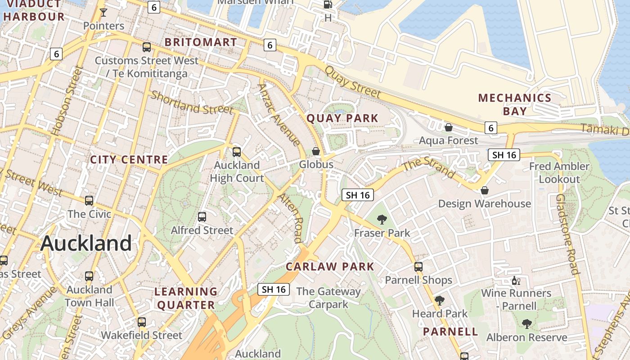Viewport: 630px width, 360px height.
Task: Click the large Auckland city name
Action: (86, 243)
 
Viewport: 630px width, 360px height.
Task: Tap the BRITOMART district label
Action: (201, 42)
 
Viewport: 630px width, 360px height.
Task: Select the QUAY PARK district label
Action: (342, 118)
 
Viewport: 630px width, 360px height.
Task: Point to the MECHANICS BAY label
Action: (515, 104)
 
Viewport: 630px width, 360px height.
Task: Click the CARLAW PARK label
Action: (330, 266)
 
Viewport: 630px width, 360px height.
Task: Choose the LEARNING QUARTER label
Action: (186, 298)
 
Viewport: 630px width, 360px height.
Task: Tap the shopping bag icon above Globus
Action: (316, 151)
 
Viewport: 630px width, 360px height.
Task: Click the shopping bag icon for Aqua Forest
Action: (448, 127)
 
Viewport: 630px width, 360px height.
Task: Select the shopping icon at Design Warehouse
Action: (485, 190)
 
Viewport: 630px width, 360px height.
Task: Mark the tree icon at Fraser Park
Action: (382, 220)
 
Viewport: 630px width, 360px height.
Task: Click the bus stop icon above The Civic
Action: (89, 201)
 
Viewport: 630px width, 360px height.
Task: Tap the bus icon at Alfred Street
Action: (202, 217)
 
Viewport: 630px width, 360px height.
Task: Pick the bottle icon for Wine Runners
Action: (516, 281)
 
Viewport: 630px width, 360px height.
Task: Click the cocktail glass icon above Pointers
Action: (103, 13)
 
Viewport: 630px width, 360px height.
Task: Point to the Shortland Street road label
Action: (192, 103)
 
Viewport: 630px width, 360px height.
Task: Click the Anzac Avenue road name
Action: (279, 115)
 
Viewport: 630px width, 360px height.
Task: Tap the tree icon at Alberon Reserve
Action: (526, 324)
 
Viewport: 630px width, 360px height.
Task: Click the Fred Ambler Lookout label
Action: (559, 173)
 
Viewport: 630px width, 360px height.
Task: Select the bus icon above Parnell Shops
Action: (418, 267)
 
